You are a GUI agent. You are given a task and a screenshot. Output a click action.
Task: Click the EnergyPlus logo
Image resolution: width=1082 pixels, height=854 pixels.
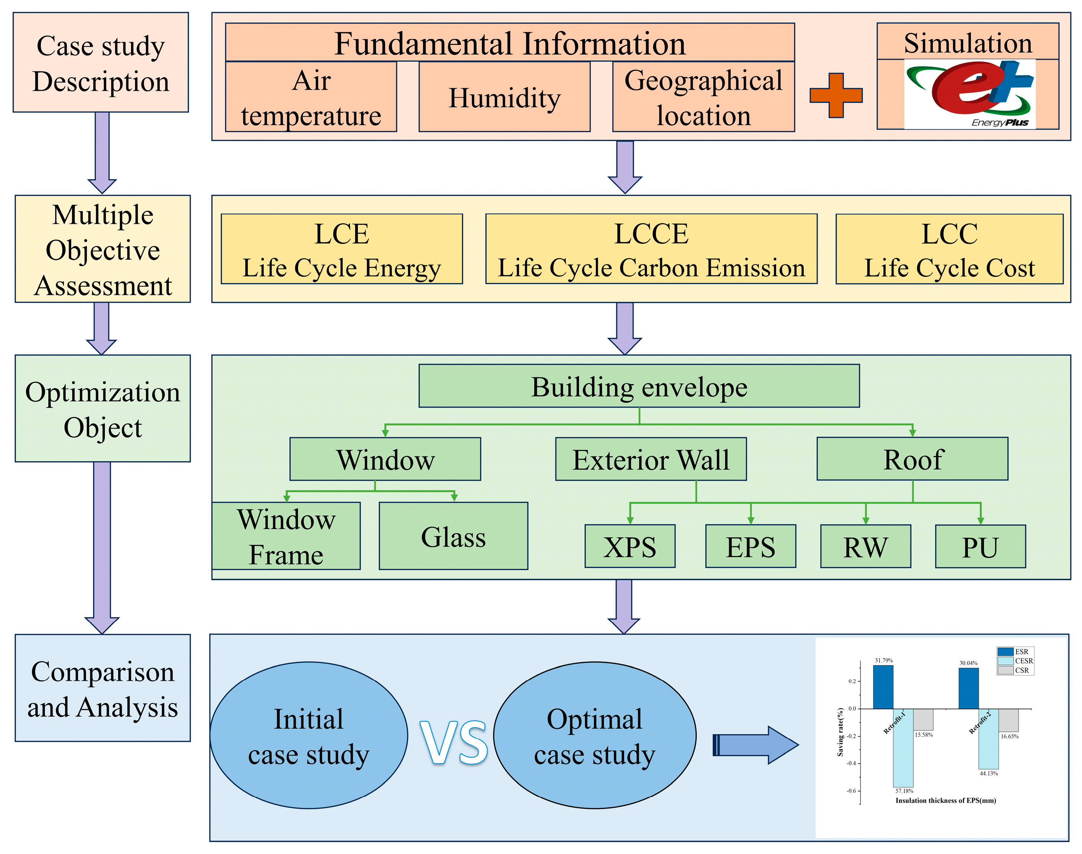(969, 94)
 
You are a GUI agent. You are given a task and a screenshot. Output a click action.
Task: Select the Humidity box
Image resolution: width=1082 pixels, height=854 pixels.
(504, 97)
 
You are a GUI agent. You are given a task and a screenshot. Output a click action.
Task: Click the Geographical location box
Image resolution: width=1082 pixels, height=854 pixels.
(703, 97)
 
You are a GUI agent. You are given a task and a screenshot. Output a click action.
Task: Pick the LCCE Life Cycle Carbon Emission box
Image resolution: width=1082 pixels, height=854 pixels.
(651, 249)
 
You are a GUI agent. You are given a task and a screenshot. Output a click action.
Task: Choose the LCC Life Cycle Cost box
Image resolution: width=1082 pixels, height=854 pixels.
(949, 249)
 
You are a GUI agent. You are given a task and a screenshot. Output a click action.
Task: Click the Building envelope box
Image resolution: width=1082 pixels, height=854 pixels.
(639, 386)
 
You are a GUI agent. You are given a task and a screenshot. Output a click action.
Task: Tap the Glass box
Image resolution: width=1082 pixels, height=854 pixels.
(453, 536)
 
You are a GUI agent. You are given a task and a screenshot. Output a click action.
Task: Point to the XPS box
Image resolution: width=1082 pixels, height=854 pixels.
(629, 546)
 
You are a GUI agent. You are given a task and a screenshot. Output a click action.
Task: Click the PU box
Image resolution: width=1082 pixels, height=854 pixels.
(980, 546)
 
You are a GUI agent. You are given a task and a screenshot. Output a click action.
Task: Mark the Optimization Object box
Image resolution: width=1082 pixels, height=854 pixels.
(103, 408)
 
